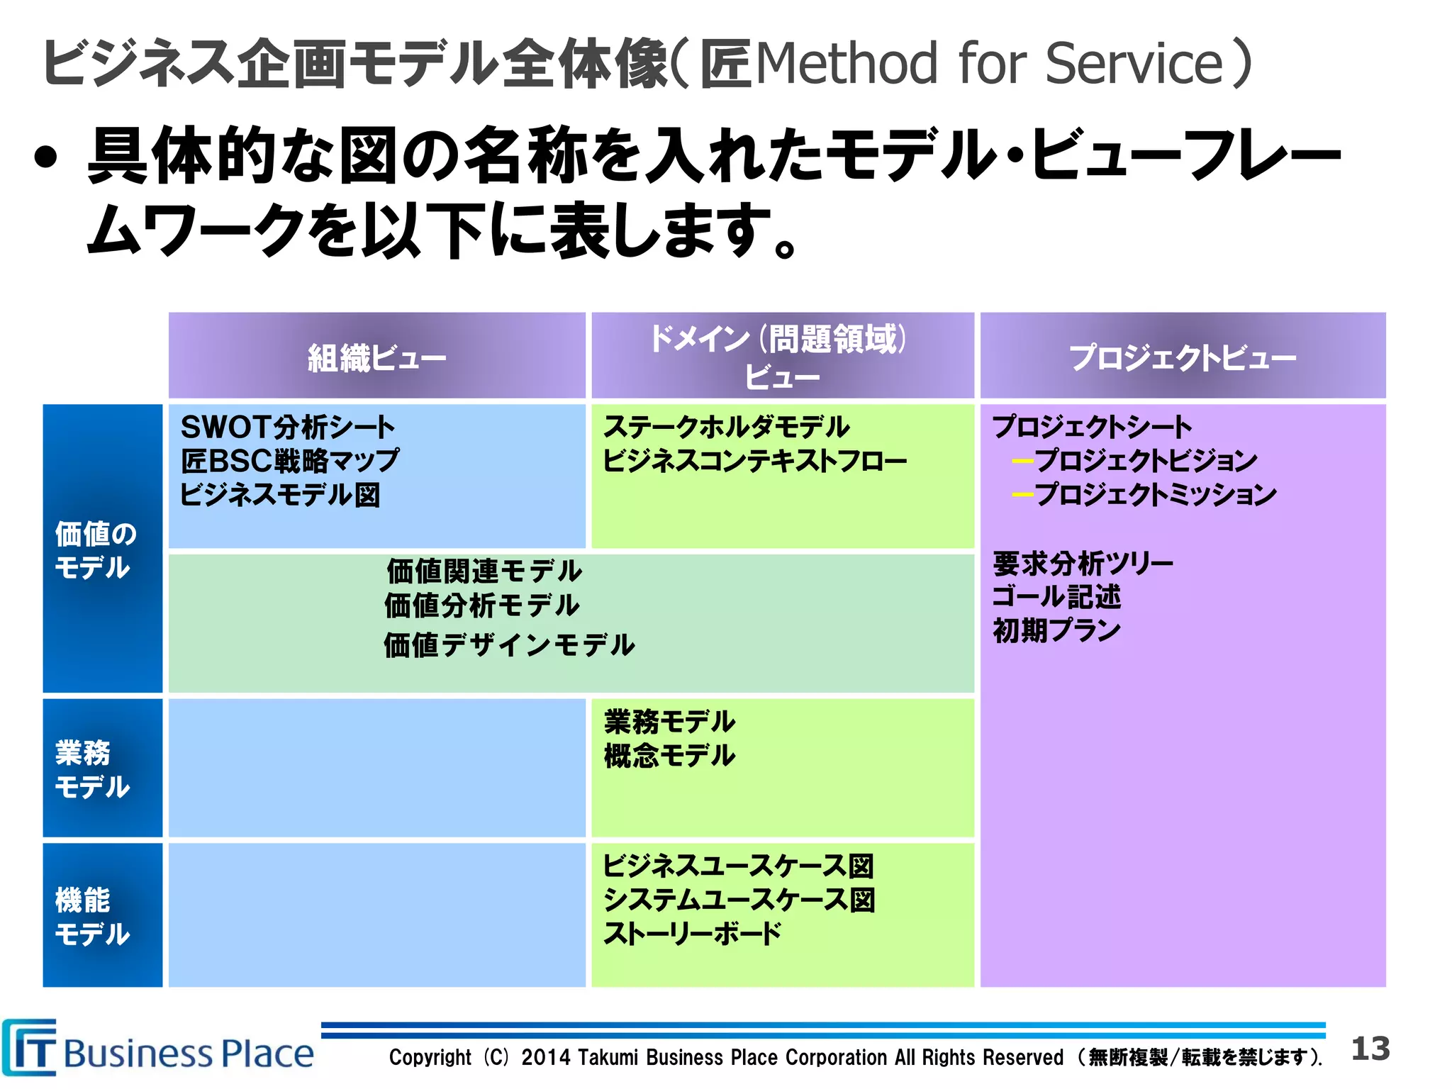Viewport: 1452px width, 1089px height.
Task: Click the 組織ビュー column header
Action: (x=376, y=357)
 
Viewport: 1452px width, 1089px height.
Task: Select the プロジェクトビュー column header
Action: (x=1182, y=357)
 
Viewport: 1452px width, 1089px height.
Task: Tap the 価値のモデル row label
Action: (x=95, y=550)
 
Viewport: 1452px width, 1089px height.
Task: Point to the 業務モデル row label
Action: (x=92, y=769)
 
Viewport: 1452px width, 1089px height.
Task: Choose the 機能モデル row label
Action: (x=92, y=917)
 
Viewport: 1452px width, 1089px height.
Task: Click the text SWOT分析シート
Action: (x=287, y=428)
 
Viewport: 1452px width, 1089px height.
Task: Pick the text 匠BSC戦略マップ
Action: (x=289, y=461)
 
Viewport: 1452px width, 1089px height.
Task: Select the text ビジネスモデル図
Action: (x=280, y=495)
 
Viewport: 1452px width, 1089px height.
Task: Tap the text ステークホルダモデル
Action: (x=726, y=428)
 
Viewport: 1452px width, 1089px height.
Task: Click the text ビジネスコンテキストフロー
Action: (x=754, y=461)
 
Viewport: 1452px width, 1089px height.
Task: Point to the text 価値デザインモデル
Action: (x=509, y=645)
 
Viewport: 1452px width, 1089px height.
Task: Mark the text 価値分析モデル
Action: (x=482, y=606)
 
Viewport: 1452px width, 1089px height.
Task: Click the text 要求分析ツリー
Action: (x=1083, y=564)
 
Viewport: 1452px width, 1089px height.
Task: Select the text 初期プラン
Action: (x=1056, y=630)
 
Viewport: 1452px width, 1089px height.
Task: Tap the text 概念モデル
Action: (x=669, y=756)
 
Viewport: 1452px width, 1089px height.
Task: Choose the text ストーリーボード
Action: (x=692, y=934)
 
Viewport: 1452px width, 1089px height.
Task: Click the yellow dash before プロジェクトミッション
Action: (x=1022, y=494)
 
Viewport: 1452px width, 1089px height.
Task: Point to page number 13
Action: (x=1370, y=1049)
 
